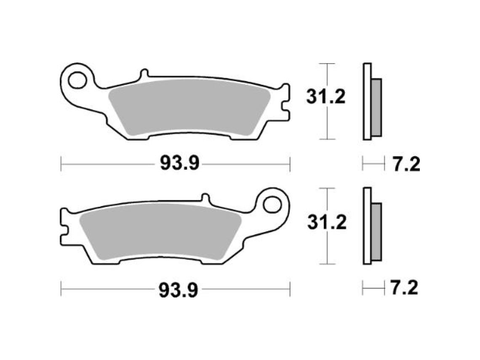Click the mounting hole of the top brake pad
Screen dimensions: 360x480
[77, 80]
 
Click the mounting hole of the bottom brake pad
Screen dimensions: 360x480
[272, 205]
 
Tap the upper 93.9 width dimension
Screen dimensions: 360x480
[179, 163]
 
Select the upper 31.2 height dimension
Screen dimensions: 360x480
[325, 97]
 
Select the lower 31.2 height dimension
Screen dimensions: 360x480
[326, 222]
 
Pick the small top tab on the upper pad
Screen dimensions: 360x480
[144, 74]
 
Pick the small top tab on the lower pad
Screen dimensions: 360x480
[205, 198]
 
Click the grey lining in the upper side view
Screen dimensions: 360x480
[376, 107]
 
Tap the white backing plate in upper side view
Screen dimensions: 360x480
[367, 101]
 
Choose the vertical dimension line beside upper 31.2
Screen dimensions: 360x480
[327, 122]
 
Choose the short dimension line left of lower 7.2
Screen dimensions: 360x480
[373, 289]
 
